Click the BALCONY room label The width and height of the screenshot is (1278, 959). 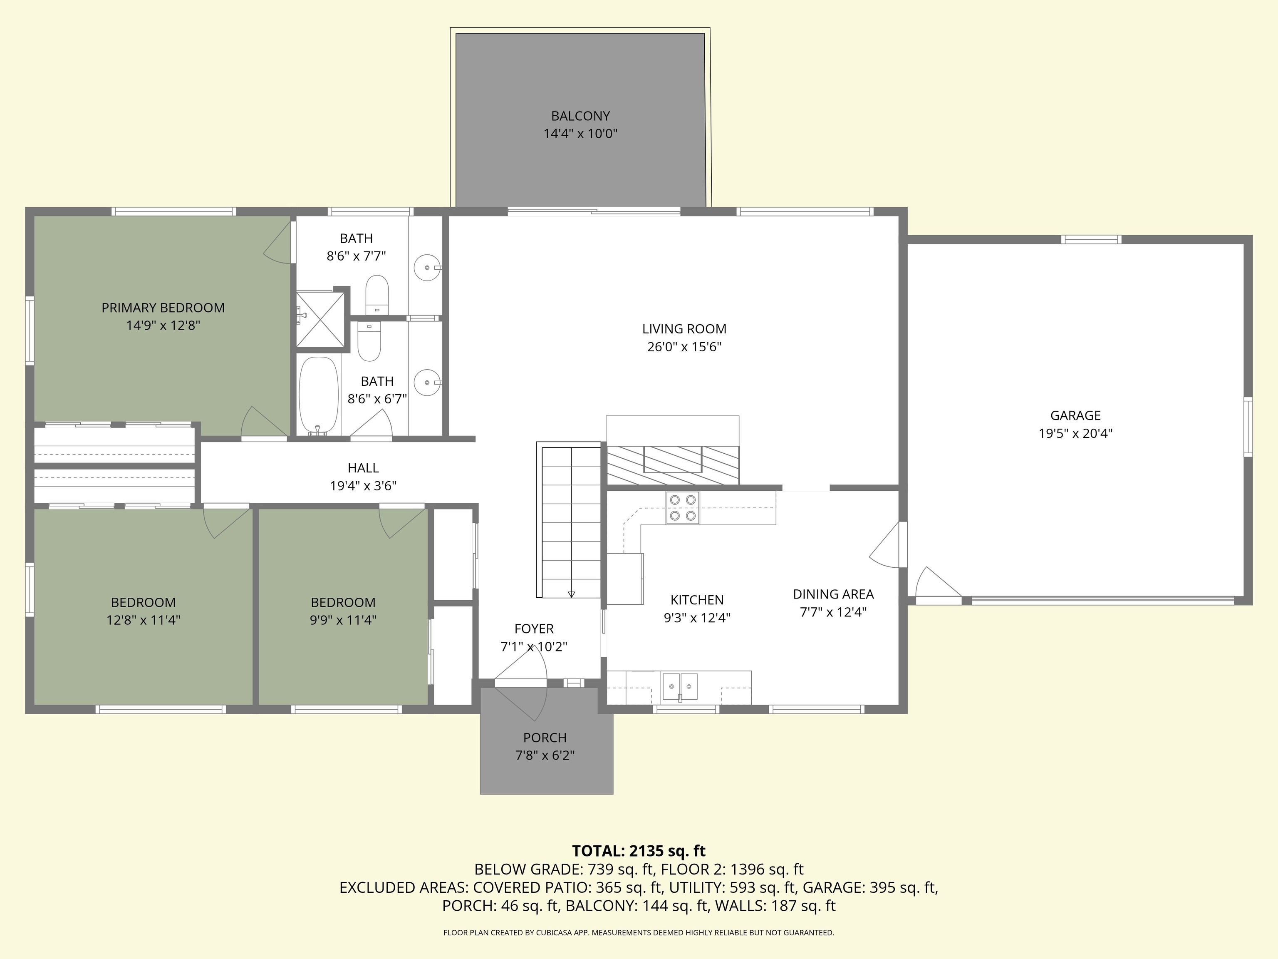point(580,116)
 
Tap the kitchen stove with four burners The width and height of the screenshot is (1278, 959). point(682,507)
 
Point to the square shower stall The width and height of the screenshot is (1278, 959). point(320,321)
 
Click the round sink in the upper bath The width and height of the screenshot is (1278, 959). point(428,268)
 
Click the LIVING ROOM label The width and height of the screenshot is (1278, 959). point(684,329)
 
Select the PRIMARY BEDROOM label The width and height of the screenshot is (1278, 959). point(163,308)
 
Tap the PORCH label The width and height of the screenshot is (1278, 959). point(545,738)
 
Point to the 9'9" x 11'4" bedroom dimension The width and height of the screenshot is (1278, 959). point(343,620)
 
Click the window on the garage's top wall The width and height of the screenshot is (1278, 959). point(1091,239)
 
